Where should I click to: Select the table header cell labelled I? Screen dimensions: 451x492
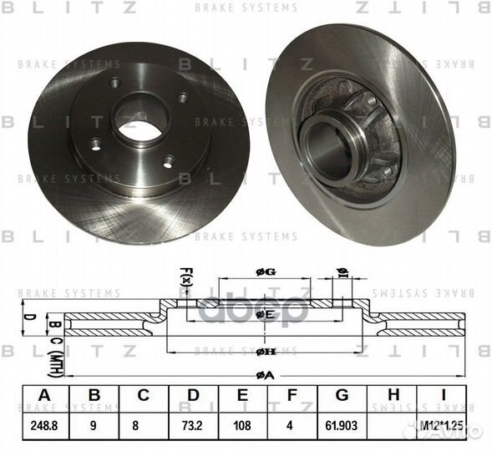(x=447, y=396)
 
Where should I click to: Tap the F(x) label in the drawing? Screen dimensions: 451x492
(x=185, y=276)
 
